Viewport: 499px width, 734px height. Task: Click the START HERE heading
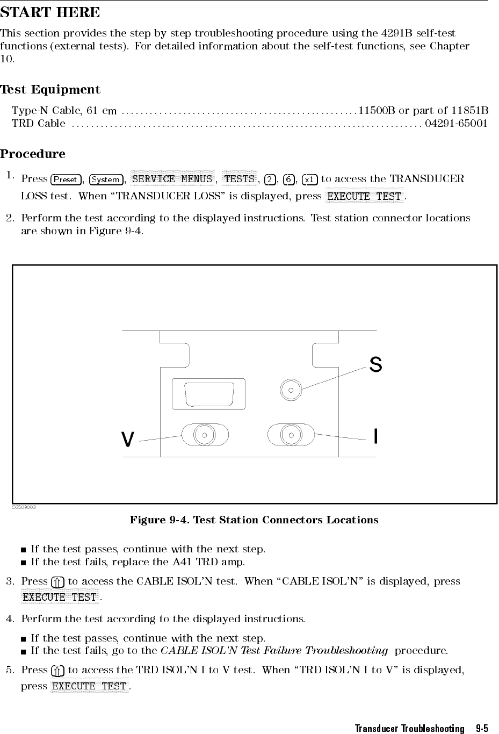coord(50,12)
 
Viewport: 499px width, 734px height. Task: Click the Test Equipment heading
coord(50,89)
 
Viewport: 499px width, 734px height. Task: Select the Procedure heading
coord(33,154)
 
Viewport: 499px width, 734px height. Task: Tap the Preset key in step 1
coord(66,179)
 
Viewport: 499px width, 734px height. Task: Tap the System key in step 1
coord(106,179)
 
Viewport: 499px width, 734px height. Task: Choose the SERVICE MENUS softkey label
coord(172,179)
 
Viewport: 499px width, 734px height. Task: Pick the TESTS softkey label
coord(239,179)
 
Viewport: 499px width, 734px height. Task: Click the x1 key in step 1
coord(309,179)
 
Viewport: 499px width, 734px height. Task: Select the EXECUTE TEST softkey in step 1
coord(364,196)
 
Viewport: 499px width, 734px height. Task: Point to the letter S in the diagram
coord(376,365)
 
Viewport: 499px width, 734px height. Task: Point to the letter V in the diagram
coord(127,440)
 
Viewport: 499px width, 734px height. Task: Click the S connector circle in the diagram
coord(291,390)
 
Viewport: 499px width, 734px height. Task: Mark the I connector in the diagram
coord(291,434)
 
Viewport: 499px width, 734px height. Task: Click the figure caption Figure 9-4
coord(254,520)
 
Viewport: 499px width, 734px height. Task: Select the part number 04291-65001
coord(456,124)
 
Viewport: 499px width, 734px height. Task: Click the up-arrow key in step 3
coord(58,581)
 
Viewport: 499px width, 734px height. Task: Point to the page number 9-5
coord(482,729)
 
